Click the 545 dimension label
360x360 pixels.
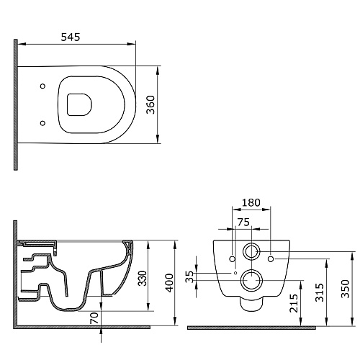point(71,37)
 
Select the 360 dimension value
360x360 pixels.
point(151,104)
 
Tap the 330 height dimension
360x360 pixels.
point(143,279)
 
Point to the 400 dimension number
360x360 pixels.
point(170,283)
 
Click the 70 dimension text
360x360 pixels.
point(94,318)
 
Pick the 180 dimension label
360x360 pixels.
point(251,202)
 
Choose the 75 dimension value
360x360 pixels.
point(243,222)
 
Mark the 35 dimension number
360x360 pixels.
point(189,276)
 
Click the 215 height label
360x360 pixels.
point(294,303)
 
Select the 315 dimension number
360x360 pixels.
point(320,292)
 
